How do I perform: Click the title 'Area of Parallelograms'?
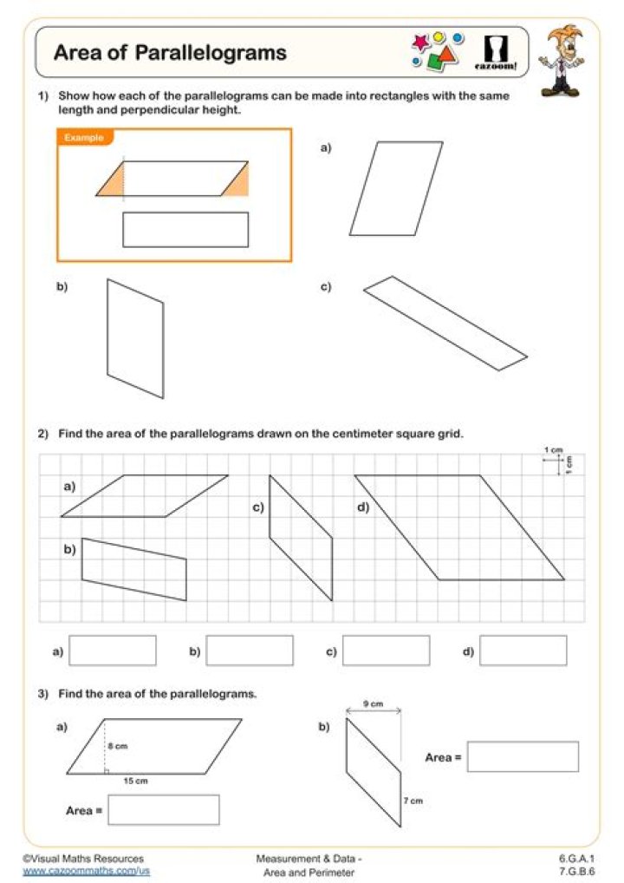170,53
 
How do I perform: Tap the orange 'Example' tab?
84,138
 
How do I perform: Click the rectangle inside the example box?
185,230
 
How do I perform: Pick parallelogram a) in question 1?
396,189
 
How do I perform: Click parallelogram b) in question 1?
134,338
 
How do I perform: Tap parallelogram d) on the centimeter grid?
459,527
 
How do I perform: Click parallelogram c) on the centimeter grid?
301,537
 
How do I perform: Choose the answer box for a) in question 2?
113,651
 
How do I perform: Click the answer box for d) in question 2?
523,651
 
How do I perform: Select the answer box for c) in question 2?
386,651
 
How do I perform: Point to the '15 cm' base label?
135,782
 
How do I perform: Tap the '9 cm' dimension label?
373,704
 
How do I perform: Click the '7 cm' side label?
413,801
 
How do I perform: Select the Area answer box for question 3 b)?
523,756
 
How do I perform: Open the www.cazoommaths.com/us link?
87,870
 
